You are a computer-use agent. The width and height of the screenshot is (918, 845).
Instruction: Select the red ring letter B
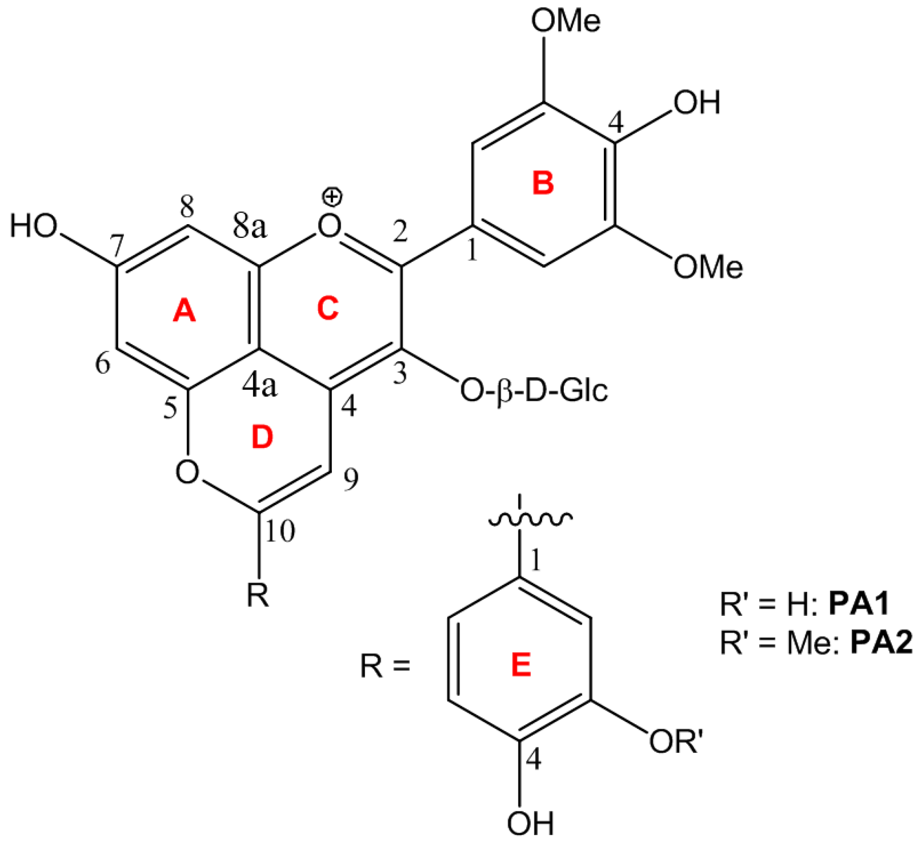pyautogui.click(x=543, y=184)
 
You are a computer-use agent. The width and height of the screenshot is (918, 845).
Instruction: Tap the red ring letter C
pyautogui.click(x=327, y=309)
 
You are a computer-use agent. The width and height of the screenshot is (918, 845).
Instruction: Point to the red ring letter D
pyautogui.click(x=262, y=437)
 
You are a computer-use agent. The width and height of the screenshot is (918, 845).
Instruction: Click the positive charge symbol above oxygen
pyautogui.click(x=333, y=197)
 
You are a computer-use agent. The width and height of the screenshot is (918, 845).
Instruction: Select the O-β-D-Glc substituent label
pyautogui.click(x=534, y=391)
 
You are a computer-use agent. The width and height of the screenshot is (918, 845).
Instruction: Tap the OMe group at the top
pyautogui.click(x=565, y=21)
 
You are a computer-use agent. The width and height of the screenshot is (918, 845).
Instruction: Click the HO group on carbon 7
pyautogui.click(x=34, y=226)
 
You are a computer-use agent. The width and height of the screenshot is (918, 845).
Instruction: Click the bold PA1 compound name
pyautogui.click(x=859, y=604)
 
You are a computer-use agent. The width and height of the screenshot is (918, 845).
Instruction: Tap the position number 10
pyautogui.click(x=280, y=531)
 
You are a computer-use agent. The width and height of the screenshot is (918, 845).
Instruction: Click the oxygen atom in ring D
pyautogui.click(x=188, y=472)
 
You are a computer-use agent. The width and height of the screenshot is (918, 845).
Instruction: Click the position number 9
pyautogui.click(x=351, y=480)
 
